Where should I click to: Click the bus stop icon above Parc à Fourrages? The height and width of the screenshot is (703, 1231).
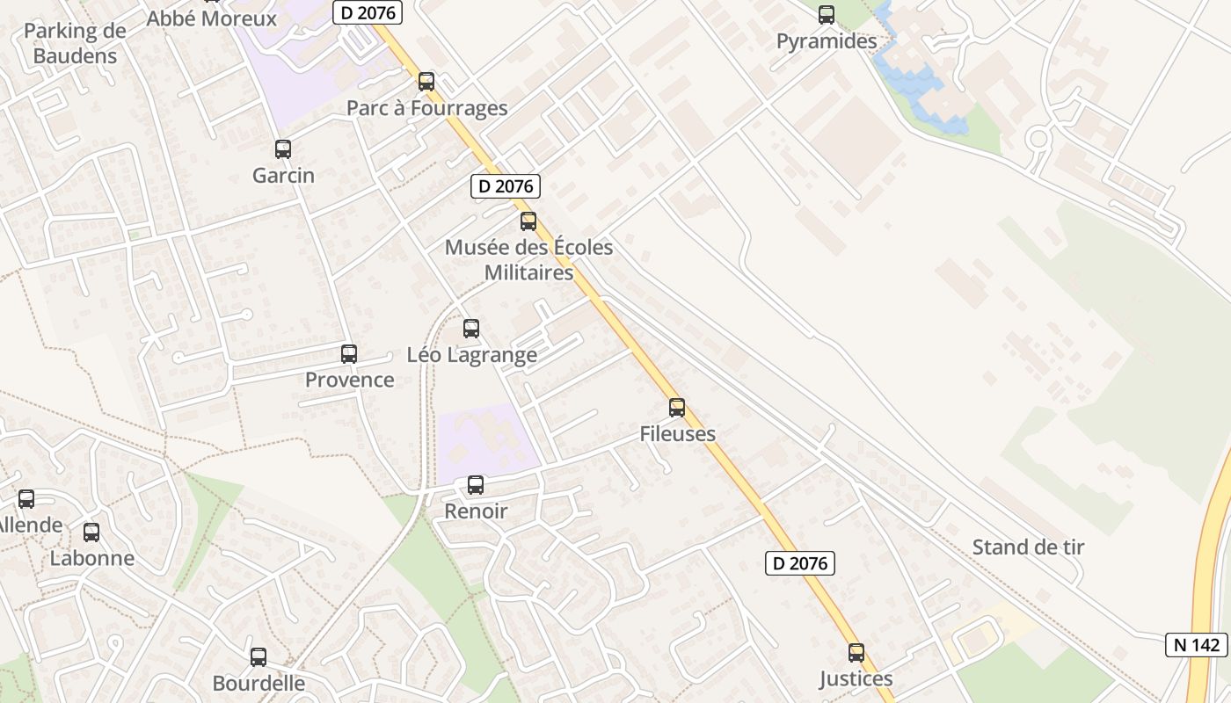[426, 82]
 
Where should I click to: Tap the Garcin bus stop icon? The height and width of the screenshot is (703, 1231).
[282, 149]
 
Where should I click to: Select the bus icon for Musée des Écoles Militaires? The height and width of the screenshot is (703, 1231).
[528, 221]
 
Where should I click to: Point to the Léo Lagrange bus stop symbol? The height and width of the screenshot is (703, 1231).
[471, 329]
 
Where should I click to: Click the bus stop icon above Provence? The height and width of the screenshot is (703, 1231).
[349, 354]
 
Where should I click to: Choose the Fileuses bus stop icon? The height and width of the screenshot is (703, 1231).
[677, 408]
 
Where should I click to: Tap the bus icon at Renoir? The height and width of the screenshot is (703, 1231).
[476, 484]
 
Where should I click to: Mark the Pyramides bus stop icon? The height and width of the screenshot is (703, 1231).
[827, 15]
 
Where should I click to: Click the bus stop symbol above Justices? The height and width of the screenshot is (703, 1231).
[856, 653]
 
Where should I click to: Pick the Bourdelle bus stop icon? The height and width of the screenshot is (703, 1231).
[259, 657]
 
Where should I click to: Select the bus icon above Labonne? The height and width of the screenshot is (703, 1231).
[91, 533]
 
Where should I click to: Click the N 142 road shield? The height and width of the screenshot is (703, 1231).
[1197, 644]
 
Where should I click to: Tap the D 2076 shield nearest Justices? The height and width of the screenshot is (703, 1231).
[799, 563]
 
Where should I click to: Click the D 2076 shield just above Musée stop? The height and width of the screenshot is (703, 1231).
[505, 186]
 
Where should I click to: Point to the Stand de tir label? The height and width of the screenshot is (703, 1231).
[1028, 547]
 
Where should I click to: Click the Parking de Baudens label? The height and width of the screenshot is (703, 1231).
[75, 43]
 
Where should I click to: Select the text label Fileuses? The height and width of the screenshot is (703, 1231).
[677, 433]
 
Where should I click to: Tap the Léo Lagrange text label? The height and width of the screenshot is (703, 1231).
[471, 355]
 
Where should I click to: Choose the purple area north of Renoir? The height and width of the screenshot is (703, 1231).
[488, 439]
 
